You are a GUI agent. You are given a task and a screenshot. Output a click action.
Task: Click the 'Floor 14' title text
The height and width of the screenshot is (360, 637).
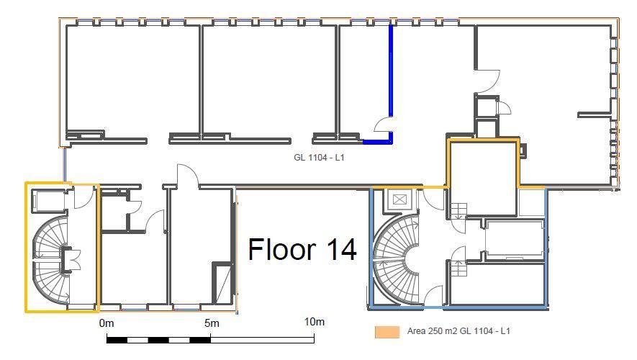pyautogui.click(x=302, y=249)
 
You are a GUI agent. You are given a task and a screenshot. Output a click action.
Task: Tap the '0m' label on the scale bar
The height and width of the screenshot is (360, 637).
pyautogui.click(x=107, y=323)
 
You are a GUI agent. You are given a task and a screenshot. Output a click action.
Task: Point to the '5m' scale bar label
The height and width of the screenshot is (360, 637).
pyautogui.click(x=212, y=323)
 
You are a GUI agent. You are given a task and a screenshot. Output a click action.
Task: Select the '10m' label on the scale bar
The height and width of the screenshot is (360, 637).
pyautogui.click(x=315, y=322)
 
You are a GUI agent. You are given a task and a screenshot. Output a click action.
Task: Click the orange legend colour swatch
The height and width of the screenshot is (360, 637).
pyautogui.click(x=387, y=331)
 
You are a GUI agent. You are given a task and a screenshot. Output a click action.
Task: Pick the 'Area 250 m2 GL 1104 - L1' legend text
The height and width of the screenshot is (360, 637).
pyautogui.click(x=458, y=331)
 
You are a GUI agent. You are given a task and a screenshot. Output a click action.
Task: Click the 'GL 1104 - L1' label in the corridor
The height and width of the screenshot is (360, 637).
pyautogui.click(x=319, y=157)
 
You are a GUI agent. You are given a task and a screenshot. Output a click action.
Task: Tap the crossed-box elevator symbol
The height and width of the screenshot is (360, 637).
pyautogui.click(x=399, y=199)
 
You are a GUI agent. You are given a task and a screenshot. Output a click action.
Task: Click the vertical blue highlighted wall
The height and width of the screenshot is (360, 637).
pyautogui.click(x=391, y=71)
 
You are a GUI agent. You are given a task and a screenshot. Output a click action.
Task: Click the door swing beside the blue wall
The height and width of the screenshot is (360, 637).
pyautogui.click(x=382, y=124)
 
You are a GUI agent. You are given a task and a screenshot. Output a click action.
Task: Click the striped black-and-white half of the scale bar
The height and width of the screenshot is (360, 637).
pyautogui.click(x=159, y=340)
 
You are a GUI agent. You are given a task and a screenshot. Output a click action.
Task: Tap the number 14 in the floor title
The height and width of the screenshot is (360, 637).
pyautogui.click(x=342, y=249)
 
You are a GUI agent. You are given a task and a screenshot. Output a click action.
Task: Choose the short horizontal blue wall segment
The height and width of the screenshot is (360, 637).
pyautogui.click(x=377, y=142)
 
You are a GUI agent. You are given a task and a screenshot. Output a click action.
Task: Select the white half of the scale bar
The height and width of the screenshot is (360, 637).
pyautogui.click(x=263, y=340)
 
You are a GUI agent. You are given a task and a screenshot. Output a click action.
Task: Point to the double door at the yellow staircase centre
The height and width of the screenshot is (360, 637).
pyautogui.click(x=71, y=259)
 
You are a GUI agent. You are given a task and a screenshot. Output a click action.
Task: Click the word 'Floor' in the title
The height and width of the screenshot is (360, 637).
pyautogui.click(x=282, y=249)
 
